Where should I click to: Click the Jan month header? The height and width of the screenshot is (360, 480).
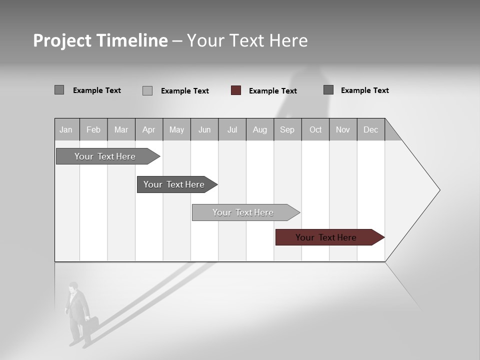(66, 130)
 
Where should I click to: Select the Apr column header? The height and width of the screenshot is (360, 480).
(148, 130)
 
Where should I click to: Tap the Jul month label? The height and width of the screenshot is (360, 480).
(232, 130)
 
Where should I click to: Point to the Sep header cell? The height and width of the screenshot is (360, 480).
(287, 130)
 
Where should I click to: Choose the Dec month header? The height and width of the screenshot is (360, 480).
(370, 130)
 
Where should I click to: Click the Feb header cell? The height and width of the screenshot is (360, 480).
(93, 130)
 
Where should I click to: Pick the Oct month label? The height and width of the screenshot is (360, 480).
(315, 130)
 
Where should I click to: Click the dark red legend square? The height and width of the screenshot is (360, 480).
(236, 90)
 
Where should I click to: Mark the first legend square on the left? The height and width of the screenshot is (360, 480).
(59, 90)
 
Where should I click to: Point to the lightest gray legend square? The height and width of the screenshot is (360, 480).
(147, 90)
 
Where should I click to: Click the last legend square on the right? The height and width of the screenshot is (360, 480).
(328, 90)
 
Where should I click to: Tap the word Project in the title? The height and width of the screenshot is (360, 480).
(62, 40)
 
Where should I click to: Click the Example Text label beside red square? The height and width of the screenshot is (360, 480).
(273, 91)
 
